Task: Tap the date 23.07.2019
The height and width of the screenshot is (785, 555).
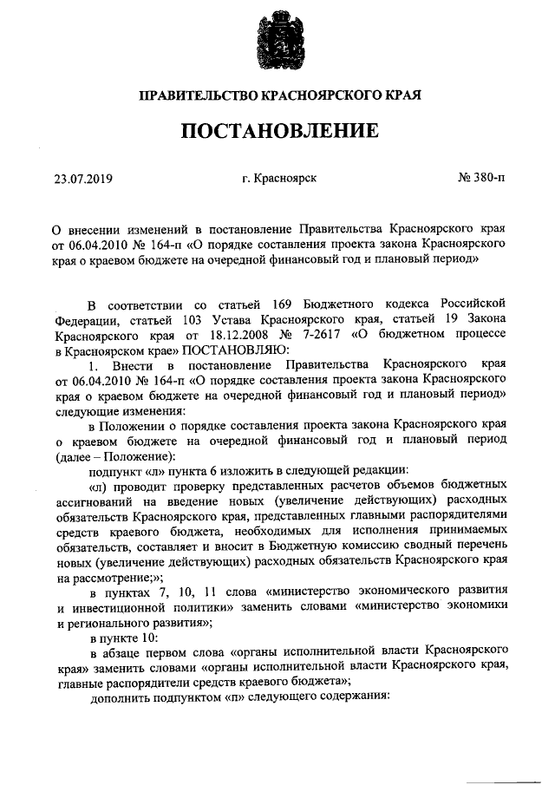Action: pos(84,180)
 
